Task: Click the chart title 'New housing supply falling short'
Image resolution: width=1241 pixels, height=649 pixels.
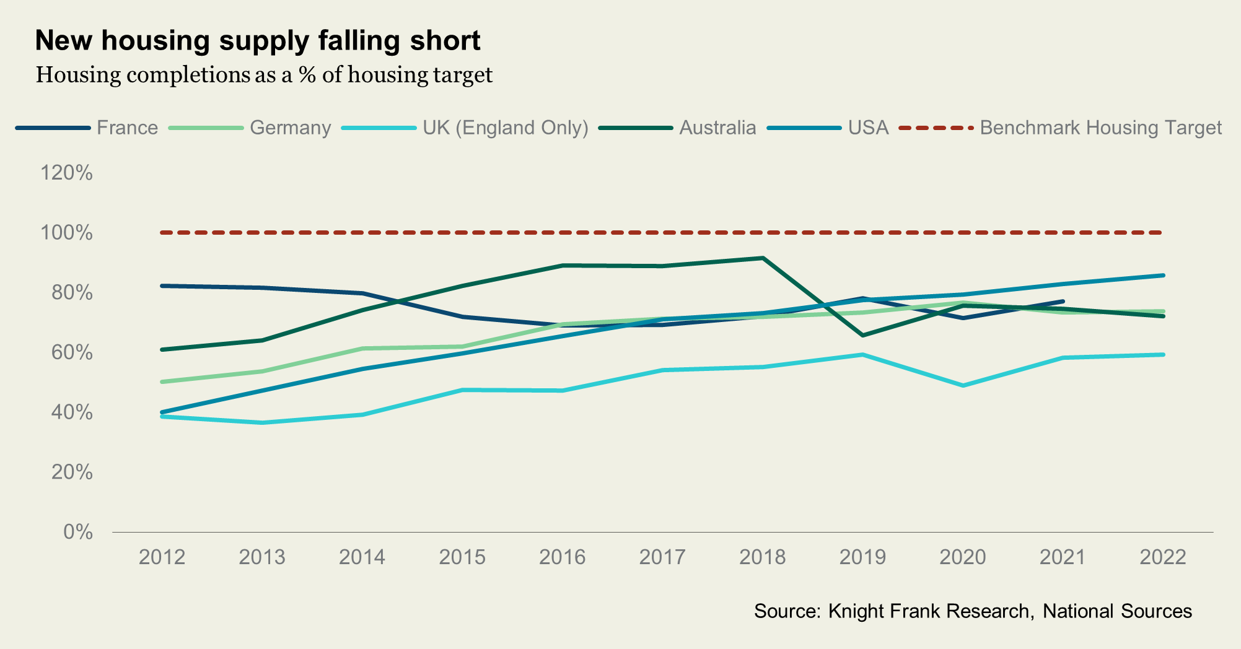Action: click(258, 41)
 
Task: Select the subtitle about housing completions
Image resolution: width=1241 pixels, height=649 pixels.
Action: click(264, 75)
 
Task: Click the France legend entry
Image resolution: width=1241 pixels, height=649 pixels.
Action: click(127, 128)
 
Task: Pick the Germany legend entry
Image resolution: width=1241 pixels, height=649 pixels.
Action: click(290, 128)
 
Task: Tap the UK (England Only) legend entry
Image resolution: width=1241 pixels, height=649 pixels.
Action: click(505, 128)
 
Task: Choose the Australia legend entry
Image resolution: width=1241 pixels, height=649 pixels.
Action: click(717, 128)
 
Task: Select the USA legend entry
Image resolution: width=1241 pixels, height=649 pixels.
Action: click(868, 128)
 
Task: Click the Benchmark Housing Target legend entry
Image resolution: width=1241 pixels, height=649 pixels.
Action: click(1100, 128)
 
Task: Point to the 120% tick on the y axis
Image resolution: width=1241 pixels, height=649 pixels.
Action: click(66, 173)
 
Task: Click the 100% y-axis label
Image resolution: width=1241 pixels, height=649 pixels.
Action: click(66, 233)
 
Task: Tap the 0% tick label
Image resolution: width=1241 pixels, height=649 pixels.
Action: click(77, 533)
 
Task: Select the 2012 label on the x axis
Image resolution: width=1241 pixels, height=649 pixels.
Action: click(162, 557)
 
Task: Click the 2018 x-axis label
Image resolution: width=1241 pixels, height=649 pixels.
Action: click(763, 557)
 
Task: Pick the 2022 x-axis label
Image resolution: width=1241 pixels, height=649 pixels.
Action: click(1163, 557)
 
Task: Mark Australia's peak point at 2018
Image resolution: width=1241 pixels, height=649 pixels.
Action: click(763, 258)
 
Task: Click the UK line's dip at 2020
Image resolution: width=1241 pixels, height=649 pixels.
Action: click(963, 385)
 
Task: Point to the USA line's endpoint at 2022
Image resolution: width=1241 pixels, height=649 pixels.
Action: click(1163, 276)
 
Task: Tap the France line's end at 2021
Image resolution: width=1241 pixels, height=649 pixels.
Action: click(1063, 302)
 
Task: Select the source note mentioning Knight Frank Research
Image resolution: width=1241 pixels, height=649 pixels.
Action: click(973, 612)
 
